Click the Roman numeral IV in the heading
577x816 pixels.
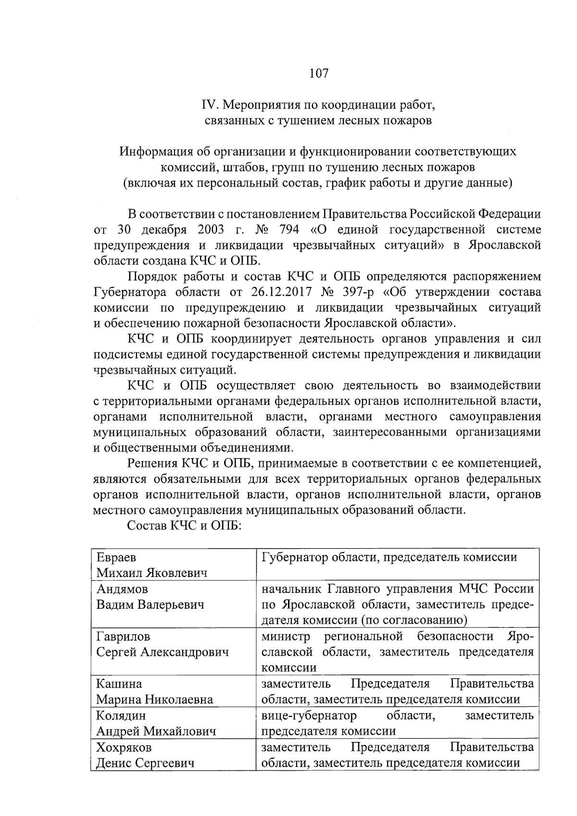click(208, 104)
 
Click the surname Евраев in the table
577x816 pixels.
click(116, 557)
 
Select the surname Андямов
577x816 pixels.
click(122, 589)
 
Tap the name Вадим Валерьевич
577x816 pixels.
click(150, 605)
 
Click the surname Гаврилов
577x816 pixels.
click(123, 637)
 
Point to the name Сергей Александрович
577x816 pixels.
click(163, 653)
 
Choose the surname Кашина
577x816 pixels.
click(119, 684)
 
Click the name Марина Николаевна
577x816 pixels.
click(154, 700)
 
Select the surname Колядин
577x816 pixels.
click(121, 716)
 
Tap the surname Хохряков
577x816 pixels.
click(124, 747)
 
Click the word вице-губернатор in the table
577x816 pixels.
click(309, 716)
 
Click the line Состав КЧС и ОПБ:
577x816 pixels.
click(184, 526)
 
